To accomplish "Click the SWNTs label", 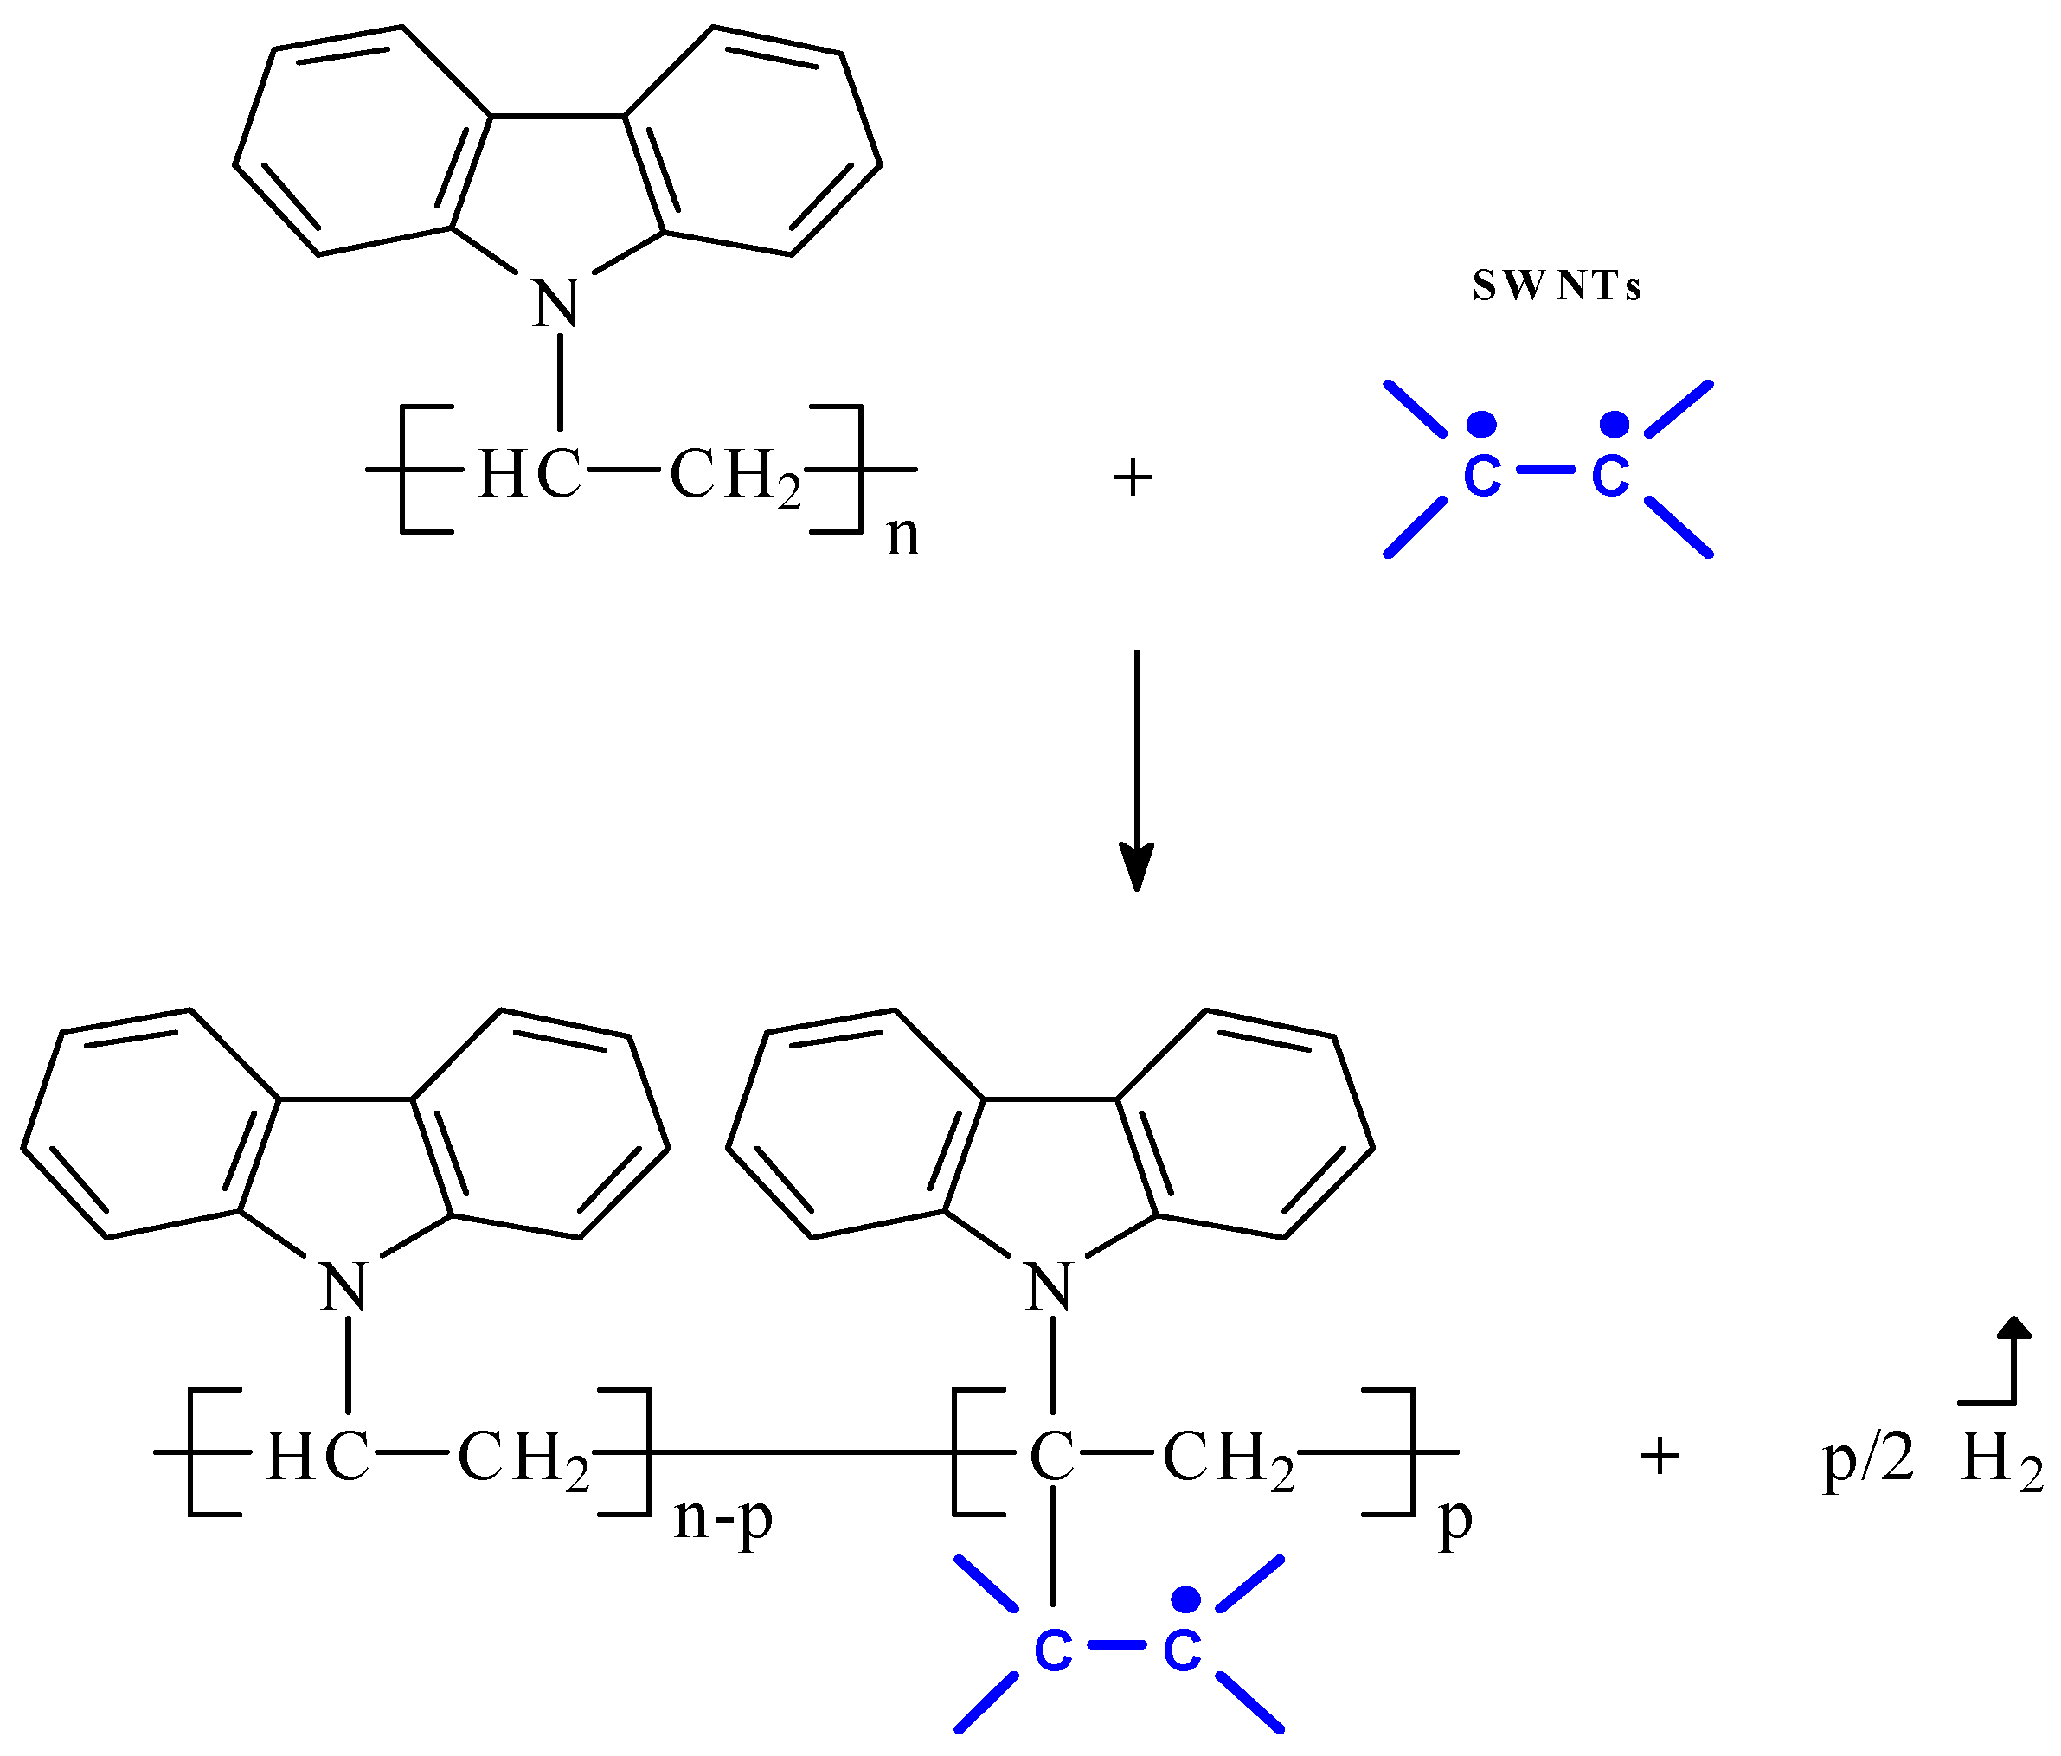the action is [x=1556, y=286].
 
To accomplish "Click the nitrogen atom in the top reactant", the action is [x=556, y=304].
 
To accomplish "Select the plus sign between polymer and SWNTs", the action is [x=1132, y=478].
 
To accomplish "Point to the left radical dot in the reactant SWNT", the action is [x=1482, y=425].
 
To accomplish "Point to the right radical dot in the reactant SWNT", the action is [x=1614, y=425].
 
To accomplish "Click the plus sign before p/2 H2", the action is [x=1660, y=1457].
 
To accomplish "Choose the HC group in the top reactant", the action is [x=530, y=474].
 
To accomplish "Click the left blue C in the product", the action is [x=1052, y=1651].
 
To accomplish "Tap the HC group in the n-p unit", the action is [x=318, y=1458].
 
